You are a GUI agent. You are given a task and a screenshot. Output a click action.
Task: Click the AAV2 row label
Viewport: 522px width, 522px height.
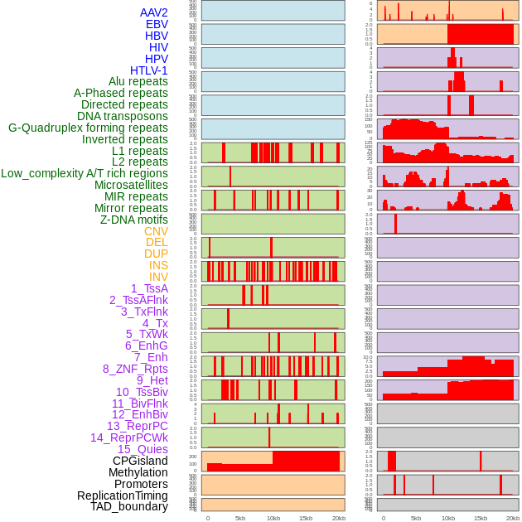click(154, 12)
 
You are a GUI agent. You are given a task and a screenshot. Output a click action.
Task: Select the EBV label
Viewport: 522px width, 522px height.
click(157, 24)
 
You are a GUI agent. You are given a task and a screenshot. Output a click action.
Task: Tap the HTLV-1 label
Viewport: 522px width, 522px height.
click(149, 70)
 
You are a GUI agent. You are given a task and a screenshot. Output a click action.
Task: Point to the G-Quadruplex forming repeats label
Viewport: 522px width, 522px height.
click(88, 128)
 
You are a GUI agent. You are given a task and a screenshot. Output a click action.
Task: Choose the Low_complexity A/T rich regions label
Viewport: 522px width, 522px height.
click(85, 173)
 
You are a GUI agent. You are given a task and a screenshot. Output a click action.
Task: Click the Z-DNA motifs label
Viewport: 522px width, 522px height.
click(134, 220)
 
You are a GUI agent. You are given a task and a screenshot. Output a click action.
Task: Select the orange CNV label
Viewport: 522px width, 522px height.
click(156, 231)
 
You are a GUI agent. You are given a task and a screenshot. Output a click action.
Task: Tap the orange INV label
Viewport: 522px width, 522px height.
click(158, 277)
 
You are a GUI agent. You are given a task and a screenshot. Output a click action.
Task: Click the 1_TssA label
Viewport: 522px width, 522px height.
click(149, 288)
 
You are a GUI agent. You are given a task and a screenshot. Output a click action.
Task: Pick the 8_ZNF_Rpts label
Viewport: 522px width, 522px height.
click(135, 369)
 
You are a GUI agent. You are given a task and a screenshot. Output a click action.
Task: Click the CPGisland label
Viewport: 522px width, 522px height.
click(140, 461)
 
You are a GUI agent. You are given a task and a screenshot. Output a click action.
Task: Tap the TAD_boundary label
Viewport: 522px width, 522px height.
click(129, 506)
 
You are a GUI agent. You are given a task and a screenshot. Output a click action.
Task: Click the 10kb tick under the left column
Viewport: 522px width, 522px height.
click(273, 518)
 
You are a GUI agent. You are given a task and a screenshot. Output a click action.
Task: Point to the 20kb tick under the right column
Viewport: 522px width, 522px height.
click(513, 518)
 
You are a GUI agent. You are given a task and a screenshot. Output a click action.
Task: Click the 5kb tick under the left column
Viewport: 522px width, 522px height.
click(240, 518)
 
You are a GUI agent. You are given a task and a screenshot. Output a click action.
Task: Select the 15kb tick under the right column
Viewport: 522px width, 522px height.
click(481, 518)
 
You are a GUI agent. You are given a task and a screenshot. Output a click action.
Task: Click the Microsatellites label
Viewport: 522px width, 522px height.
click(131, 185)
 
